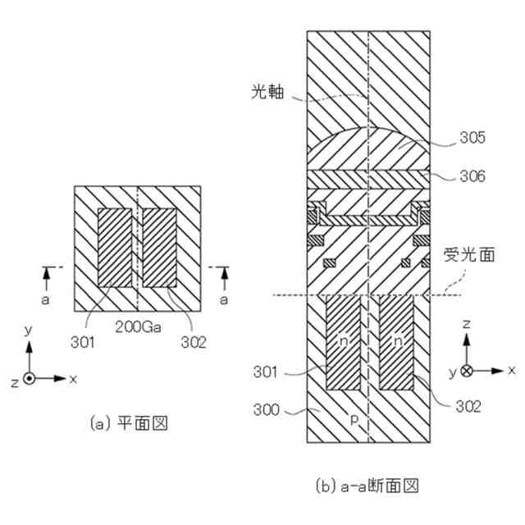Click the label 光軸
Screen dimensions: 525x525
click(267, 94)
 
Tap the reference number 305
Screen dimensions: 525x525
click(474, 141)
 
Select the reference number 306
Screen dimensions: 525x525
click(474, 176)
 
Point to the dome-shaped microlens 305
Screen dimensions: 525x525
click(368, 148)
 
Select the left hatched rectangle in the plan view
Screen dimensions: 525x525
click(116, 246)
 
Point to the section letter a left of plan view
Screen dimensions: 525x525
click(47, 301)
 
